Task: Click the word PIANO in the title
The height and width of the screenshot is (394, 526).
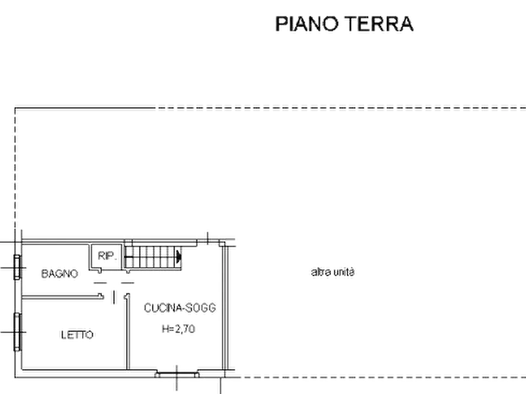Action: [x=307, y=24]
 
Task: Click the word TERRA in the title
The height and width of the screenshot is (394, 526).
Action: [x=379, y=24]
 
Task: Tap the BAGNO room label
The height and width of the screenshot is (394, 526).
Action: [x=59, y=273]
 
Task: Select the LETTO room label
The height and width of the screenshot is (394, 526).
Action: [x=77, y=335]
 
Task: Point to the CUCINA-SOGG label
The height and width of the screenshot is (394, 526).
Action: [x=180, y=308]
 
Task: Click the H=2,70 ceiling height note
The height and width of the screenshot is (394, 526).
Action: [x=178, y=329]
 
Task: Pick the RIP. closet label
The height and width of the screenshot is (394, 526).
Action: [x=107, y=256]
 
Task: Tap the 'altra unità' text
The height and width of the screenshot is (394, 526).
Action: [x=333, y=272]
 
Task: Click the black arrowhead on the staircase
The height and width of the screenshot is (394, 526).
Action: [x=178, y=258]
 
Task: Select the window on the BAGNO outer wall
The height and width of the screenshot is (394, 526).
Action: [x=17, y=267]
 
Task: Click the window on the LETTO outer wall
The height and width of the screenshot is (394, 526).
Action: [x=17, y=332]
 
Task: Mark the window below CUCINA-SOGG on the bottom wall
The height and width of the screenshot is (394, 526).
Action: [x=177, y=374]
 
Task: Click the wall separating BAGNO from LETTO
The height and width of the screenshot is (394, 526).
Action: [x=62, y=296]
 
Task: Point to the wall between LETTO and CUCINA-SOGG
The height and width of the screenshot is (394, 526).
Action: [x=127, y=332]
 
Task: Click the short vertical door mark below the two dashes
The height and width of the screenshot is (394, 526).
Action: [x=114, y=297]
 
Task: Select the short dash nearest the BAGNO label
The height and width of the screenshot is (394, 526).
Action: [x=100, y=283]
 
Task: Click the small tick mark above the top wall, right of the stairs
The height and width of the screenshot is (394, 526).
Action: [x=208, y=238]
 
